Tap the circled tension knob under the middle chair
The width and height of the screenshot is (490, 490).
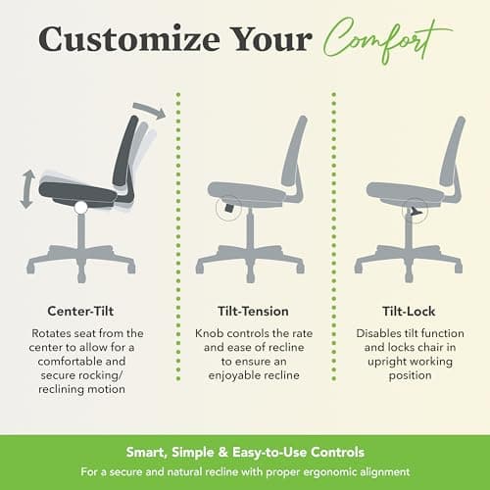point(227,207)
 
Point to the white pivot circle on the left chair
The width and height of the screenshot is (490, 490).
point(79,206)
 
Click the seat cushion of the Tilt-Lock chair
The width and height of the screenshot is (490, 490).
point(402,191)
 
